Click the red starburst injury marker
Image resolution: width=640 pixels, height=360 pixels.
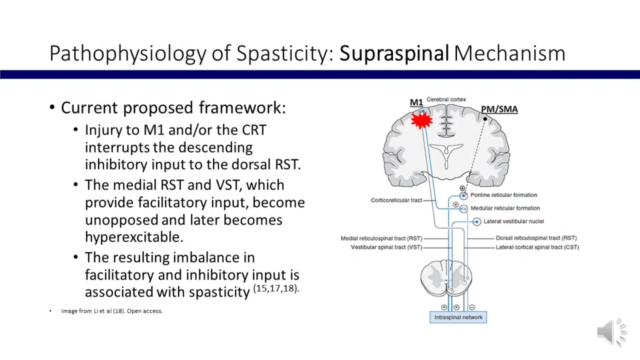[422, 119]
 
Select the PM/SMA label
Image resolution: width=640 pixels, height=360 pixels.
[499, 109]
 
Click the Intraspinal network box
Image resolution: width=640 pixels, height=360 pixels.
[459, 317]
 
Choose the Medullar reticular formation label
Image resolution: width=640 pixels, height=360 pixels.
[505, 208]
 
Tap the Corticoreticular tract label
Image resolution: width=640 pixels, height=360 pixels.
[396, 201]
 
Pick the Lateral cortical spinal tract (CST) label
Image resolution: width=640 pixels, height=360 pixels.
[537, 247]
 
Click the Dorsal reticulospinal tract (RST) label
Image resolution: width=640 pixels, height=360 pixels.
[536, 238]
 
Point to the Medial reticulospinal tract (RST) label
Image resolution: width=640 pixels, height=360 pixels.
[381, 238]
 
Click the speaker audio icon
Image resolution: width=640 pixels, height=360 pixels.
[611, 331]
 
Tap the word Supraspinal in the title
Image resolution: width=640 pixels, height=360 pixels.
[394, 53]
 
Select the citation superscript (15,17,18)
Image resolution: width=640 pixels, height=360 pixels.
[276, 288]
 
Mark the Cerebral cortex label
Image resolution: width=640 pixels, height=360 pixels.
[446, 100]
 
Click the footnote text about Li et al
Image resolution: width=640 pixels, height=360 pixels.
[112, 311]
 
